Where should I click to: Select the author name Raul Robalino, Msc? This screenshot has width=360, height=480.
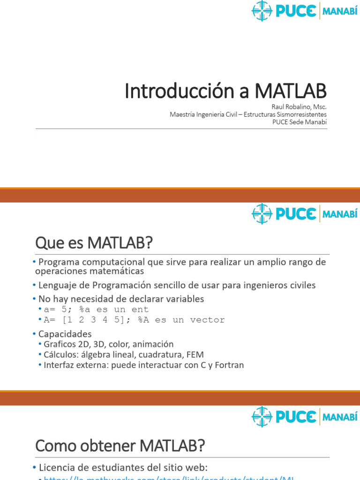(299, 106)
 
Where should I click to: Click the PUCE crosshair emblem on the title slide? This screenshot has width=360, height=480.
(262, 11)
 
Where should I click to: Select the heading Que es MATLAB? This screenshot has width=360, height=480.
(94, 243)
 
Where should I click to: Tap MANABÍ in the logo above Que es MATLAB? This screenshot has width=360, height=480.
(340, 214)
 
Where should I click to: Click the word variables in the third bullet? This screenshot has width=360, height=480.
(186, 299)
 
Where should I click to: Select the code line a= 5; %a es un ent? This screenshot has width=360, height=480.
(96, 309)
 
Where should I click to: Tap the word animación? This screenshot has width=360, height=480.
(155, 344)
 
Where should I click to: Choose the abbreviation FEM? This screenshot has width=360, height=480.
(195, 354)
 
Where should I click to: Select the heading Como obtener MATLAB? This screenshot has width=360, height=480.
(120, 446)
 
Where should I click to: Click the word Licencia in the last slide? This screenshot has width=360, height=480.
(57, 467)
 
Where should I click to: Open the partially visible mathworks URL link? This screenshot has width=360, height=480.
(169, 478)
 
